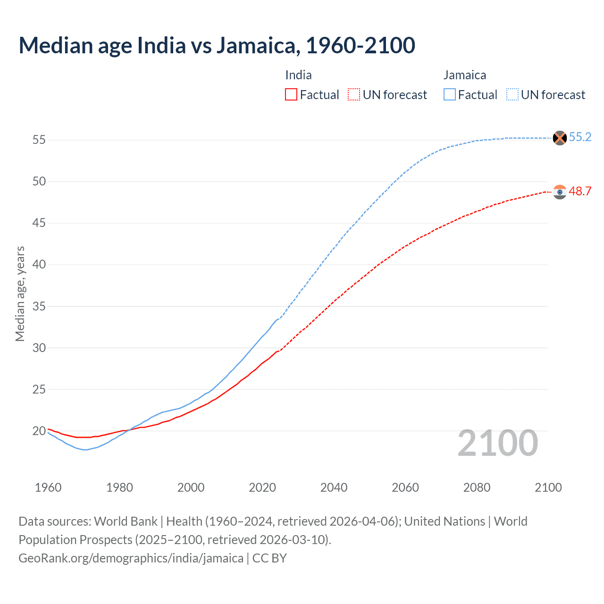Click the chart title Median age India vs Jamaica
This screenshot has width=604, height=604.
point(217,45)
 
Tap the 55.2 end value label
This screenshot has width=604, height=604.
point(580,137)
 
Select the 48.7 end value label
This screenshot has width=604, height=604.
point(580,191)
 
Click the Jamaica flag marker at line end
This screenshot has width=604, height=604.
point(560,138)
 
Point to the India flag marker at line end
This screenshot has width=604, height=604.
point(560,192)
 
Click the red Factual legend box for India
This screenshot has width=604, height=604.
point(291,94)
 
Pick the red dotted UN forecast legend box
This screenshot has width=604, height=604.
point(354,94)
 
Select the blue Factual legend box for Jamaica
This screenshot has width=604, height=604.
point(450,94)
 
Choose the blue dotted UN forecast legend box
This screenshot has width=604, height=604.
point(512,94)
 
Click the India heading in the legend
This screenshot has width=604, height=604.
point(298,75)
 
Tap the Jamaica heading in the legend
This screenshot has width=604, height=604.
point(464,75)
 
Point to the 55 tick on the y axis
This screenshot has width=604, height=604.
point(39,140)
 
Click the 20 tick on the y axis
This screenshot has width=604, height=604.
point(39,431)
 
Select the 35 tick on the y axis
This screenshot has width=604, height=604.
point(39,306)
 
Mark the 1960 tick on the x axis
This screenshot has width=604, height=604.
point(48,487)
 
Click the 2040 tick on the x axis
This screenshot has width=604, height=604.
point(334,487)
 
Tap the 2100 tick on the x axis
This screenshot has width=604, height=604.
point(548,487)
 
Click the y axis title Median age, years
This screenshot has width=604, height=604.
point(20,294)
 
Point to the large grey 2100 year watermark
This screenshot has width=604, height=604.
point(497,443)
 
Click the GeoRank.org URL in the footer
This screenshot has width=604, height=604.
point(131,558)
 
